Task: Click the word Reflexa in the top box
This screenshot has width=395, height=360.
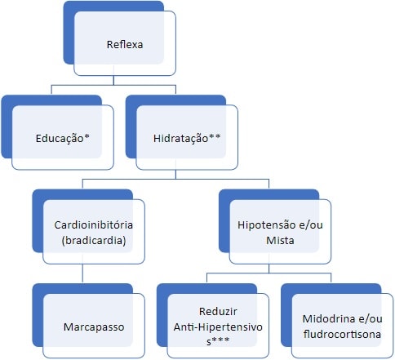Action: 125,45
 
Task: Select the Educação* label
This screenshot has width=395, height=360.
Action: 63,138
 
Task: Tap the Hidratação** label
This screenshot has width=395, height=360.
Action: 187,138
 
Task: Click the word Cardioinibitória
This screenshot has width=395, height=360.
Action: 94,225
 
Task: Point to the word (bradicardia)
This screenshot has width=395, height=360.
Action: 94,241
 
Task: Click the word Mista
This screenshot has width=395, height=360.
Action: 280,241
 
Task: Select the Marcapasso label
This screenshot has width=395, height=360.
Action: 94,327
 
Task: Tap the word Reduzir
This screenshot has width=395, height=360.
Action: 218,312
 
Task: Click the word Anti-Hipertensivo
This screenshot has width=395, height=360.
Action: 218,327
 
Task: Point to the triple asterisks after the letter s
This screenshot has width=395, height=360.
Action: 220,340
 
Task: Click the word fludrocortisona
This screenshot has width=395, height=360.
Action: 342,334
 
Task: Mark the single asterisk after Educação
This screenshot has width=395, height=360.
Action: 87,136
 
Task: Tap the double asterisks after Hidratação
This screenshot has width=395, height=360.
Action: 215,136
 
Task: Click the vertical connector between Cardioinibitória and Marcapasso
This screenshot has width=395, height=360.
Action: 82,273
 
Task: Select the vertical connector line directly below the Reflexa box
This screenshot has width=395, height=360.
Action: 113,80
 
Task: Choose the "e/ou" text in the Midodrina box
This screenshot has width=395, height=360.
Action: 370,319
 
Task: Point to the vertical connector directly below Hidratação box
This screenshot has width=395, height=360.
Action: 175,174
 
